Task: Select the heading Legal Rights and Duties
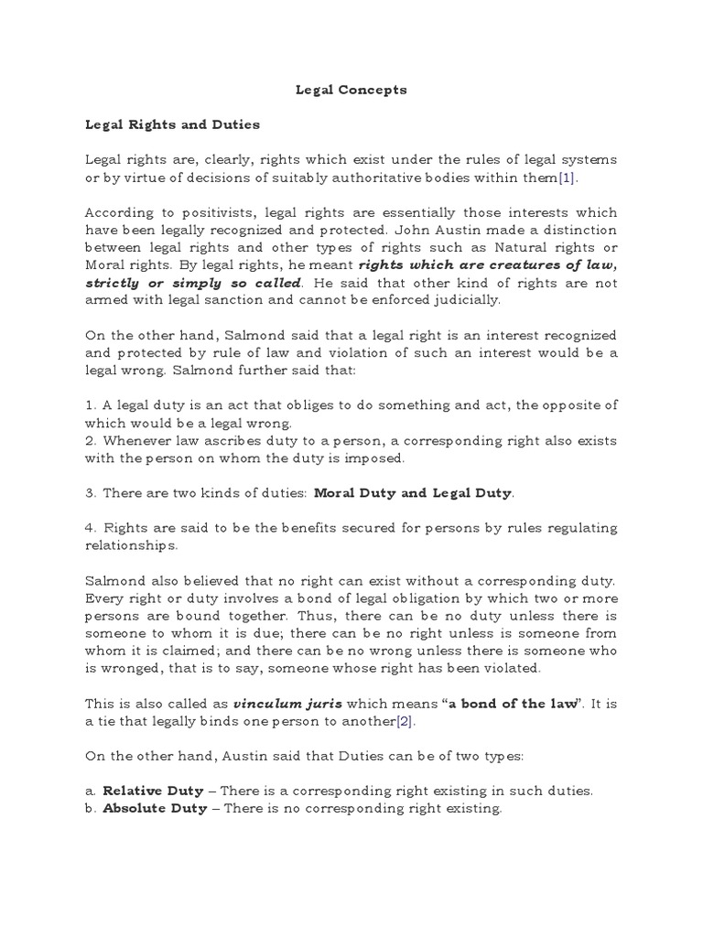[x=172, y=124]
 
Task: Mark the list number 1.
[x=90, y=405]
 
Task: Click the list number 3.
[x=90, y=493]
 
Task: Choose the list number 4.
[x=90, y=528]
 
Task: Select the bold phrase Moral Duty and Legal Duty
[x=412, y=493]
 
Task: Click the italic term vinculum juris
[x=278, y=703]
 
